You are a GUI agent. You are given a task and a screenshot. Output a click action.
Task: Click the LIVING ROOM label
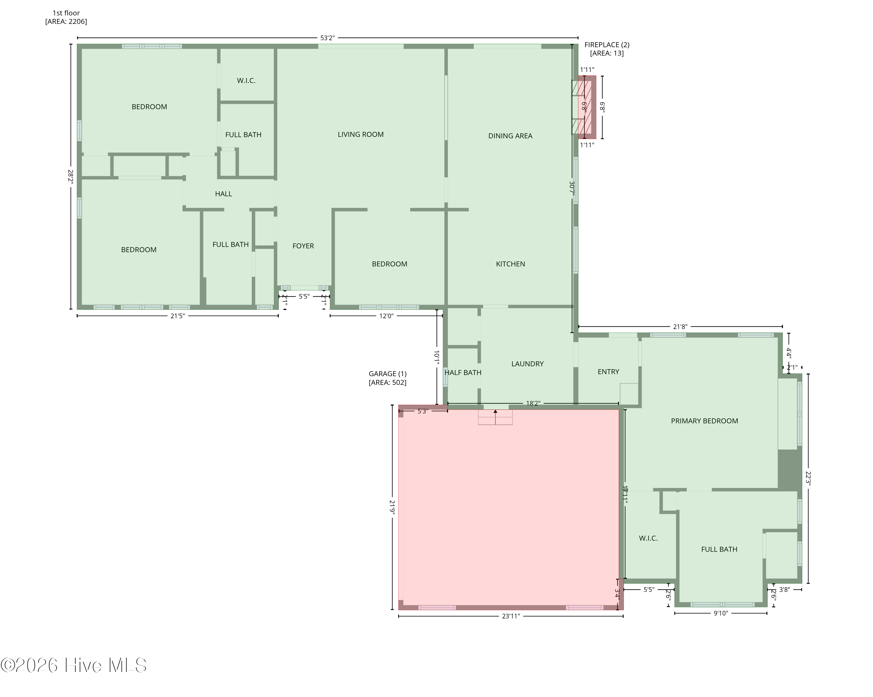[x=360, y=135]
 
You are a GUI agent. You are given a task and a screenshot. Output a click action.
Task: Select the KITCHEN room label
[x=510, y=264]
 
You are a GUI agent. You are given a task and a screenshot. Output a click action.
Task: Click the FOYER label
[x=303, y=246]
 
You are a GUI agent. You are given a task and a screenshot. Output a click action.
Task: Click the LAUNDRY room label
[x=527, y=364]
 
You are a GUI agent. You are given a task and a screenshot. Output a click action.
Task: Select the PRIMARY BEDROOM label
[x=704, y=421]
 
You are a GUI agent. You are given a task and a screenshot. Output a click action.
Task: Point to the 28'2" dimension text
[x=70, y=177]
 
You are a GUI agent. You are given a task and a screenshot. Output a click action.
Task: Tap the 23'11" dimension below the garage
[x=511, y=616]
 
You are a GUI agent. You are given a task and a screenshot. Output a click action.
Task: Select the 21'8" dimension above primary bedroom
[x=680, y=327]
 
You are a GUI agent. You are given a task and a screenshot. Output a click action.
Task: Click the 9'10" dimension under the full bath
[x=720, y=613]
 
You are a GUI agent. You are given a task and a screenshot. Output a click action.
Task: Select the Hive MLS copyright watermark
[x=74, y=665]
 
